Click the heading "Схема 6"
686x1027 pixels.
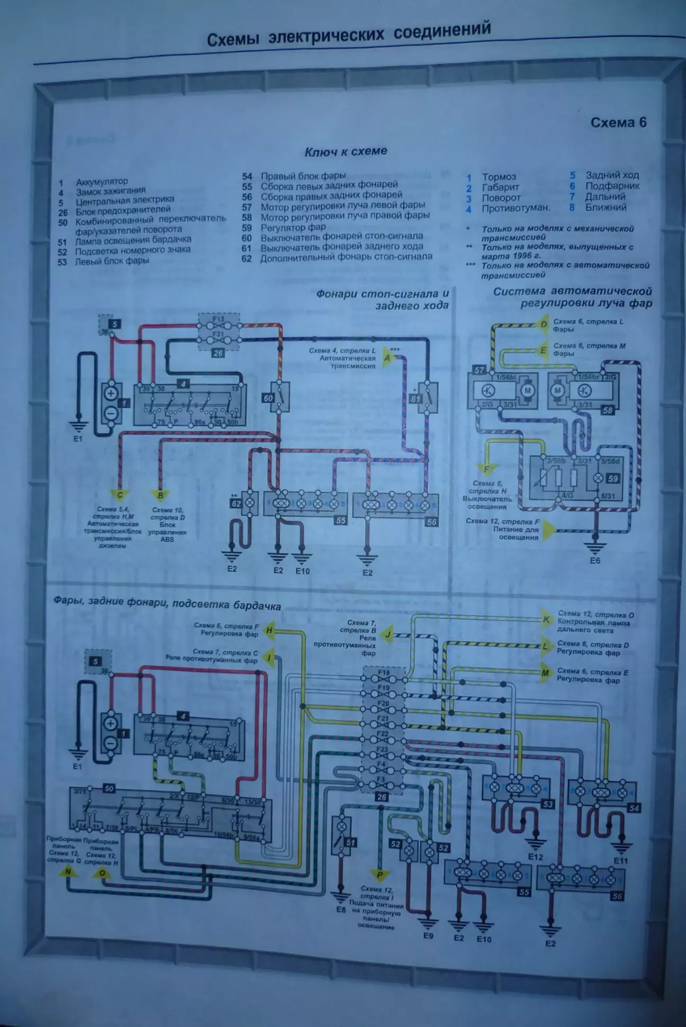tap(618, 122)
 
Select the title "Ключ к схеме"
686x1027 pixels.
tap(346, 151)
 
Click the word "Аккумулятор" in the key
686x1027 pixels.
tap(102, 182)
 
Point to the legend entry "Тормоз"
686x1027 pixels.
tap(499, 177)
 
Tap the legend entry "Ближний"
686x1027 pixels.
tap(606, 207)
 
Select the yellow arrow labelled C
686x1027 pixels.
tap(120, 495)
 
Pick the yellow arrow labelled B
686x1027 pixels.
tap(160, 495)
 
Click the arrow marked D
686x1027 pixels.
tap(542, 324)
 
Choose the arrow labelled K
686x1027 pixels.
tap(546, 619)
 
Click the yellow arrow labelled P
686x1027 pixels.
tap(380, 874)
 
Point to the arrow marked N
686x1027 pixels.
tap(67, 871)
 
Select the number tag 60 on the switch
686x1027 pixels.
tap(268, 398)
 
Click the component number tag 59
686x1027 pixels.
tap(612, 479)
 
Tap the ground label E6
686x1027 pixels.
tap(595, 560)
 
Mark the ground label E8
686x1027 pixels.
tap(340, 909)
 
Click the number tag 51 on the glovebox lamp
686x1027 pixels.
tap(350, 842)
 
